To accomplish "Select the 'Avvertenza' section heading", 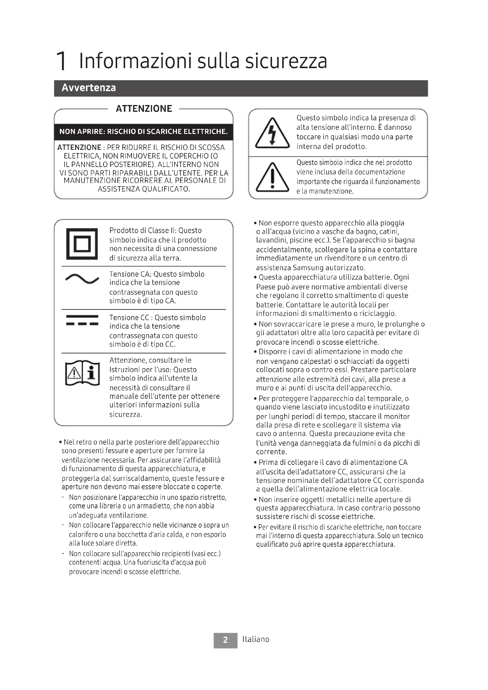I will point(89,88).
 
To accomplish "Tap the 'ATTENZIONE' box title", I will point(144,109).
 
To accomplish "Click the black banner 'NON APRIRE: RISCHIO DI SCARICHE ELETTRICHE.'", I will point(144,132).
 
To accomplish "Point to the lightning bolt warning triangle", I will point(272,133).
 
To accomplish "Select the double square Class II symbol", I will point(82,244).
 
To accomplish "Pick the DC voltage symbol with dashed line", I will point(82,320).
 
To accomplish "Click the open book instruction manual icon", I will point(82,373).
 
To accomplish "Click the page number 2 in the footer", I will point(225,640).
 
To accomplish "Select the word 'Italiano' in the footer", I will point(256,639).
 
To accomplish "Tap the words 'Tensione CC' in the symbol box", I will point(129,318).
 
